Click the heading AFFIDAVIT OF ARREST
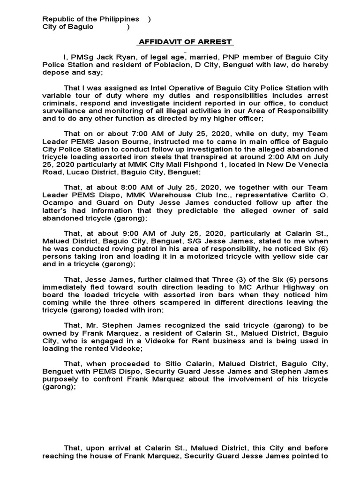(184, 42)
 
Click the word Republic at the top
(58, 19)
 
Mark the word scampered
(192, 302)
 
